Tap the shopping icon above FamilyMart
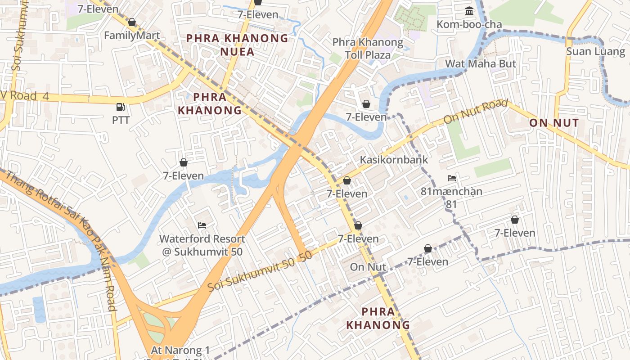pos(132,22)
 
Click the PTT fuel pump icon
pos(121,107)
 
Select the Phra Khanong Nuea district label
pos(237,45)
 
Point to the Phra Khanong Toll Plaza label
pos(368,49)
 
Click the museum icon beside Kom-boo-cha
pos(469,11)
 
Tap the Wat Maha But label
pos(480,64)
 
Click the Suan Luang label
pos(595,51)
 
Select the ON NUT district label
pos(553,123)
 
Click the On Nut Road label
pos(476,112)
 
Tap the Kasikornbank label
pos(394,160)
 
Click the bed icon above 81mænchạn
pos(451,178)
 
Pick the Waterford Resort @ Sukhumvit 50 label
pos(202,245)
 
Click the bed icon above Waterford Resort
pos(202,225)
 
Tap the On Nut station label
pos(368,267)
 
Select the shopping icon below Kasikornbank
pos(347,181)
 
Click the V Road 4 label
pos(25,95)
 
